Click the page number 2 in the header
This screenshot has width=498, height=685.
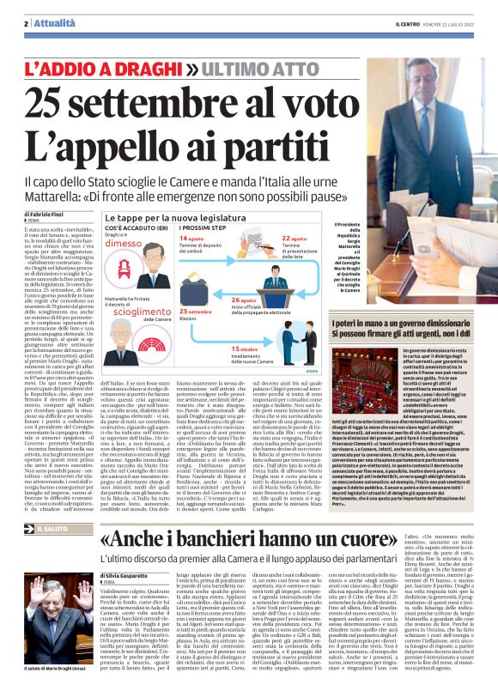pyautogui.click(x=27, y=23)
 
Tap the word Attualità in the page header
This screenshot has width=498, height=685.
pyautogui.click(x=52, y=23)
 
